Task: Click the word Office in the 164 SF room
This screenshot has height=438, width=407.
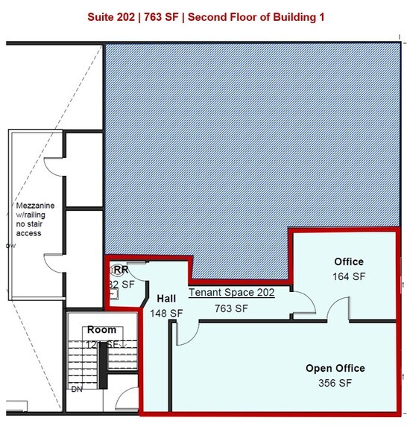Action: [349, 261]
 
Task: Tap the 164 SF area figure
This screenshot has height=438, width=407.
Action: [349, 276]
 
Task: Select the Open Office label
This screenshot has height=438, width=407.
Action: [335, 368]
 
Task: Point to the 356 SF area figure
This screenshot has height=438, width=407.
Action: [335, 383]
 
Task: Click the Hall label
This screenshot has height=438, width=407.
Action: [166, 298]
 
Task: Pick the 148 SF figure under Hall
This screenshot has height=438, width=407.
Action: [166, 314]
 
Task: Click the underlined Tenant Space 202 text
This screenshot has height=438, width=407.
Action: [231, 293]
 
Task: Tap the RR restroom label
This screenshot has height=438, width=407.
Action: [122, 270]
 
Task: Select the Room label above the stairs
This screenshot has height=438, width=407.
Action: [101, 330]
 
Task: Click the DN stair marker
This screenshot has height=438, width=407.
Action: [75, 389]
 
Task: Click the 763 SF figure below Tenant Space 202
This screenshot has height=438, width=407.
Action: [231, 308]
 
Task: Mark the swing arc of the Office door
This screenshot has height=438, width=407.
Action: [338, 307]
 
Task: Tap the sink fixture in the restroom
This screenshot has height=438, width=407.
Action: [119, 270]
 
